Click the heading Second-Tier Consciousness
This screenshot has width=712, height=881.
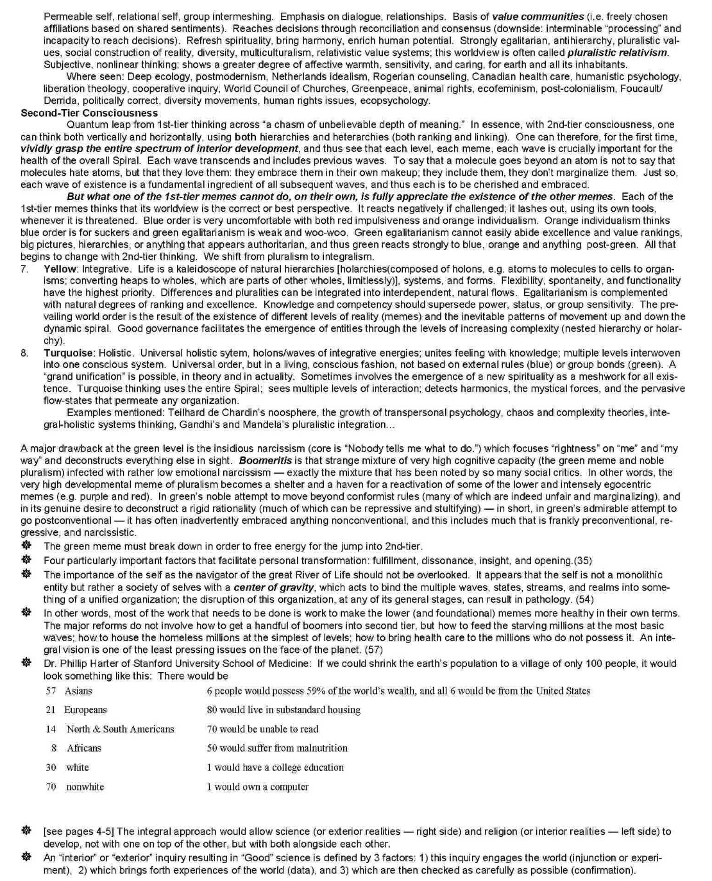(89, 113)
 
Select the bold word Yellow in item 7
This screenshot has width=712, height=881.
(60, 269)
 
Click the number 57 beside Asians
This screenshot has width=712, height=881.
(51, 691)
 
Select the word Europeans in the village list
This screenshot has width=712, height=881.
(85, 710)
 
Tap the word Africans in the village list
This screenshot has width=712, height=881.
(84, 748)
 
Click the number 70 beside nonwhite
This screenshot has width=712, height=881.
(51, 787)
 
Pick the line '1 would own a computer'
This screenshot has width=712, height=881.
(257, 787)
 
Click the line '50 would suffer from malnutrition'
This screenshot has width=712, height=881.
(277, 748)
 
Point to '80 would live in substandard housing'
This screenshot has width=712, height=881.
(284, 710)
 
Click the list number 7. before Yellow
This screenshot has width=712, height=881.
(25, 269)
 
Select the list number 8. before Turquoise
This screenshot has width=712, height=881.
(25, 353)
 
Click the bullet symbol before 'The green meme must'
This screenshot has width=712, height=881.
(26, 546)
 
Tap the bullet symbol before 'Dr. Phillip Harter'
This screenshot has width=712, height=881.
(26, 663)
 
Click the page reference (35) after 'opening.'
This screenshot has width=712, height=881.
(583, 560)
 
